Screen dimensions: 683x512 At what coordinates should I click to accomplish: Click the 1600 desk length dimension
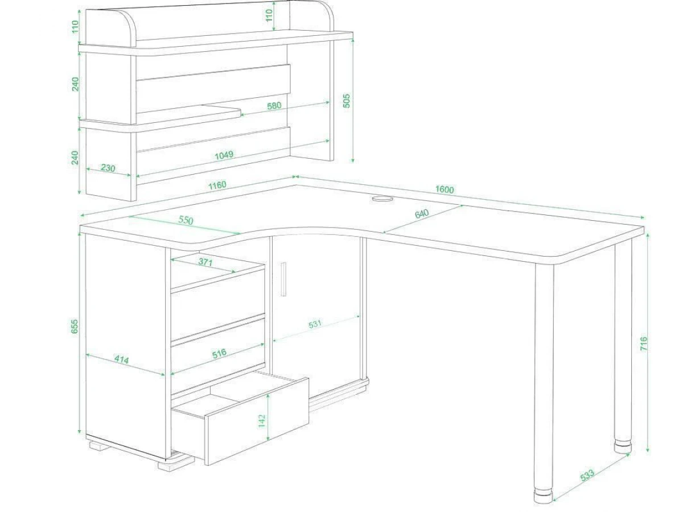(x=445, y=189)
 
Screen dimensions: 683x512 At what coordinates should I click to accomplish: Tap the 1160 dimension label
(x=217, y=185)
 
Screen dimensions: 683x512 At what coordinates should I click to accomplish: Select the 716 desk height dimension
(x=644, y=344)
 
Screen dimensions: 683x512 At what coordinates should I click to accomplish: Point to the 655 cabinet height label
(x=75, y=327)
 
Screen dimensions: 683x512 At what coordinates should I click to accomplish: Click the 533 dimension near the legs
(x=587, y=475)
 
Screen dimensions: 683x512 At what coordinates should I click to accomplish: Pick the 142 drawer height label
(x=262, y=421)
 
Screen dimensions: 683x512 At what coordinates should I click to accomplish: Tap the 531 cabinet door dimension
(x=315, y=324)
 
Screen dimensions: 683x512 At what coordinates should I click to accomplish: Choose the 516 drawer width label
(x=219, y=353)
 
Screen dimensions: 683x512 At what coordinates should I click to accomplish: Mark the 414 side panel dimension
(x=121, y=360)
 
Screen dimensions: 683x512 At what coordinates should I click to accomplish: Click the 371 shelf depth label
(x=205, y=262)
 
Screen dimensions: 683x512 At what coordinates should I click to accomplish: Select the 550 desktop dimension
(x=186, y=220)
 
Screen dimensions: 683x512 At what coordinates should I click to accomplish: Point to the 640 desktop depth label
(x=422, y=214)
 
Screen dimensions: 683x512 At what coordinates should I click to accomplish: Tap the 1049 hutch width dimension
(x=224, y=155)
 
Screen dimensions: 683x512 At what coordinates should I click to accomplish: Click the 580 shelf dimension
(x=274, y=106)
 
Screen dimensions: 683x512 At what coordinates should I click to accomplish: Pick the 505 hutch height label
(x=346, y=101)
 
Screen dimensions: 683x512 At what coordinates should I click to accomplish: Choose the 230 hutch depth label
(x=108, y=168)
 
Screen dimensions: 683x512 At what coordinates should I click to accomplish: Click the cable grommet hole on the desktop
(x=382, y=199)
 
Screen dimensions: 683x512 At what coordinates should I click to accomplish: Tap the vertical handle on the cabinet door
(x=283, y=279)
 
